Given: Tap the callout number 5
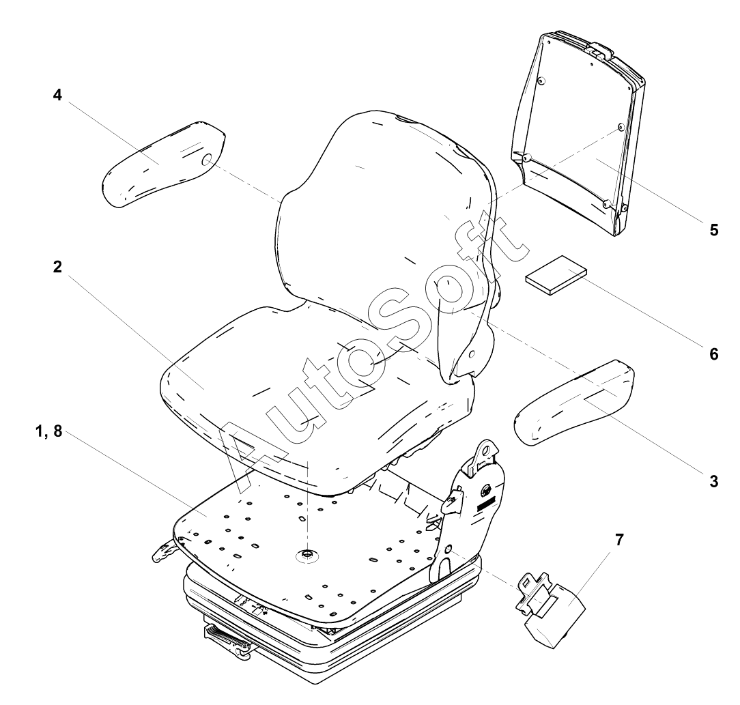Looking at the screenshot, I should pos(713,230).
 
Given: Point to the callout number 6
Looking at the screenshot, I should pos(713,354).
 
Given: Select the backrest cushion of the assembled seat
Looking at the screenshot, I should pos(382,212).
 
